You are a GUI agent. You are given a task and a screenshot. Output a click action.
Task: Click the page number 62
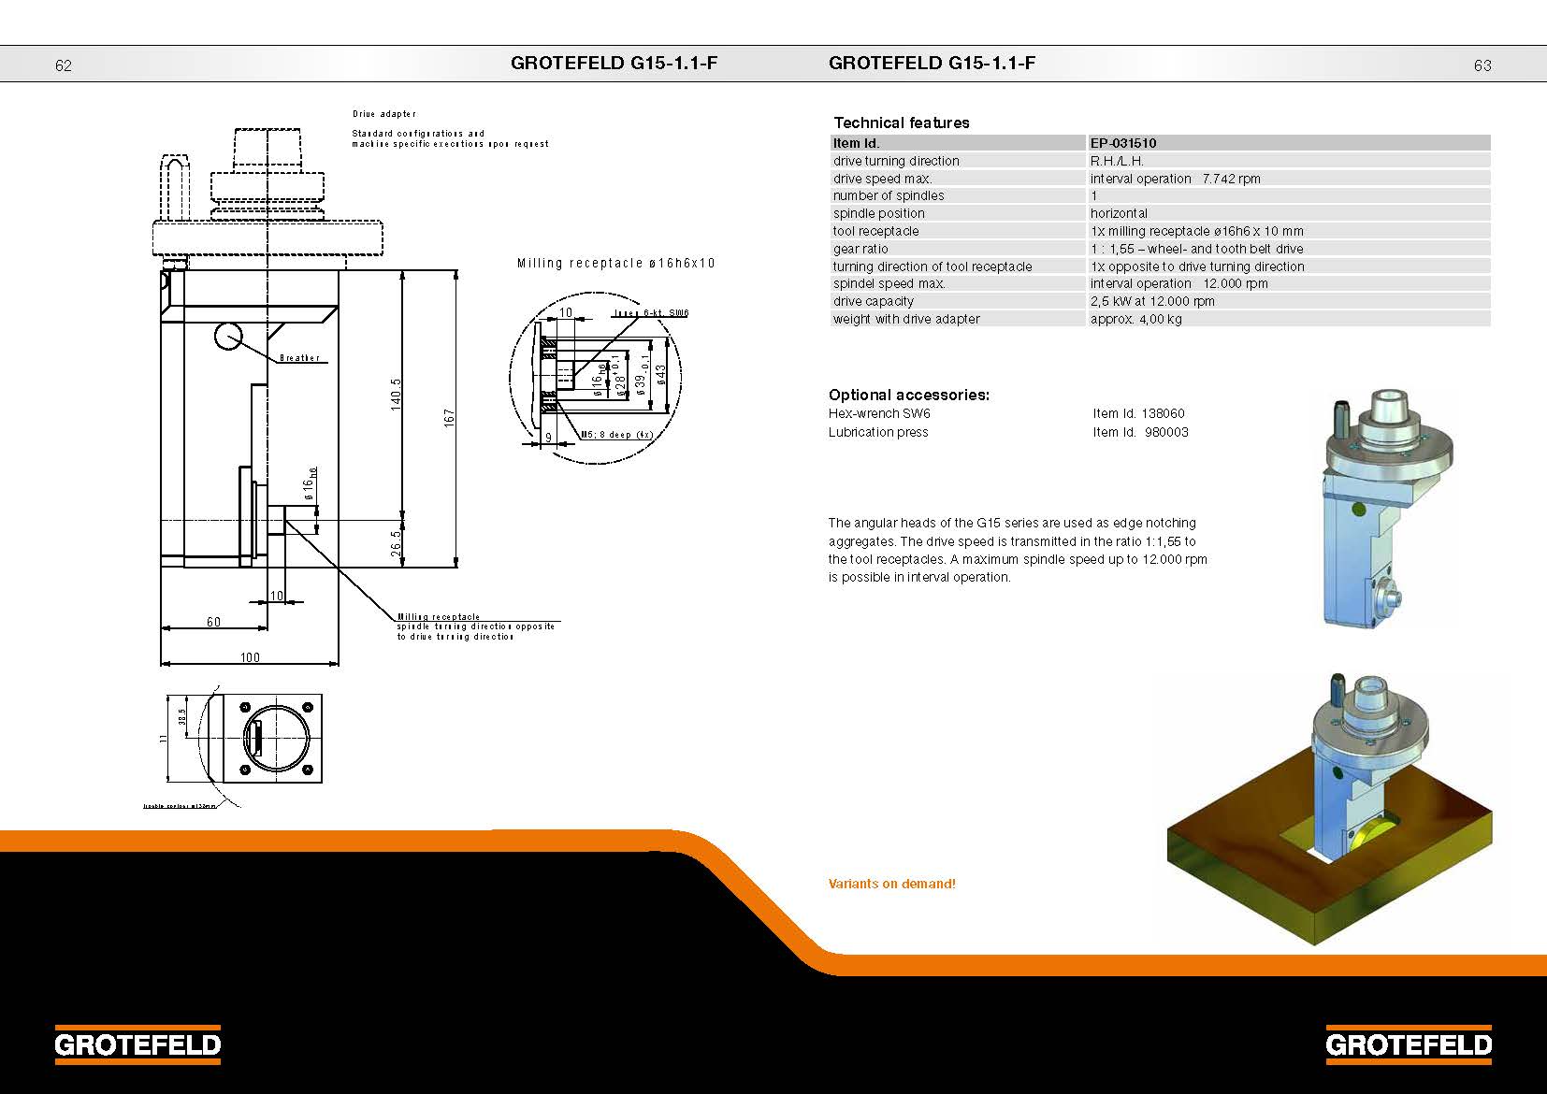tap(64, 65)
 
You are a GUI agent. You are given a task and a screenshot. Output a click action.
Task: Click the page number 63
tap(1482, 65)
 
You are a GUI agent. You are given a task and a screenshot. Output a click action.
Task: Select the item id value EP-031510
tap(1123, 143)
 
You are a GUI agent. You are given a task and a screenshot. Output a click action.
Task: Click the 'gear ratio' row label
tap(860, 249)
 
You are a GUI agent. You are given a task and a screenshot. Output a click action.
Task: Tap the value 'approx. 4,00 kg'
tap(1135, 319)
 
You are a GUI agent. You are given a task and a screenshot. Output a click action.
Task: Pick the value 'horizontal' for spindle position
tap(1119, 213)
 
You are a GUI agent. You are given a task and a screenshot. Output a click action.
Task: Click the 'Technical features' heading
tap(901, 122)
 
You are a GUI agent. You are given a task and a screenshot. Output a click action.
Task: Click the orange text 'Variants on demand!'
tap(891, 884)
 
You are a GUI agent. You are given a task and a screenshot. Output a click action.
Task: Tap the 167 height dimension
tap(449, 418)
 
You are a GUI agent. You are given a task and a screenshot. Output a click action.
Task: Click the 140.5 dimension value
tap(396, 394)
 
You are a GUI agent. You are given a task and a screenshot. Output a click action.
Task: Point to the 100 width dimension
tap(250, 657)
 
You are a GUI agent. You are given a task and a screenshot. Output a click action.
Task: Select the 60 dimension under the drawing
tap(213, 622)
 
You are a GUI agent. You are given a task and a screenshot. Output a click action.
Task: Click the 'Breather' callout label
tap(299, 358)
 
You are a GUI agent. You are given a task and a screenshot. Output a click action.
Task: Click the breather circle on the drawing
tap(228, 336)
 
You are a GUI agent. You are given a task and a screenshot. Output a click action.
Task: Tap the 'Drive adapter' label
tap(383, 114)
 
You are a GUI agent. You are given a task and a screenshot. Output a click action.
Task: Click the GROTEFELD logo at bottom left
tap(137, 1044)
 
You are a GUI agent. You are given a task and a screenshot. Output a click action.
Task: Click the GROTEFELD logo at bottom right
tap(1408, 1044)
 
